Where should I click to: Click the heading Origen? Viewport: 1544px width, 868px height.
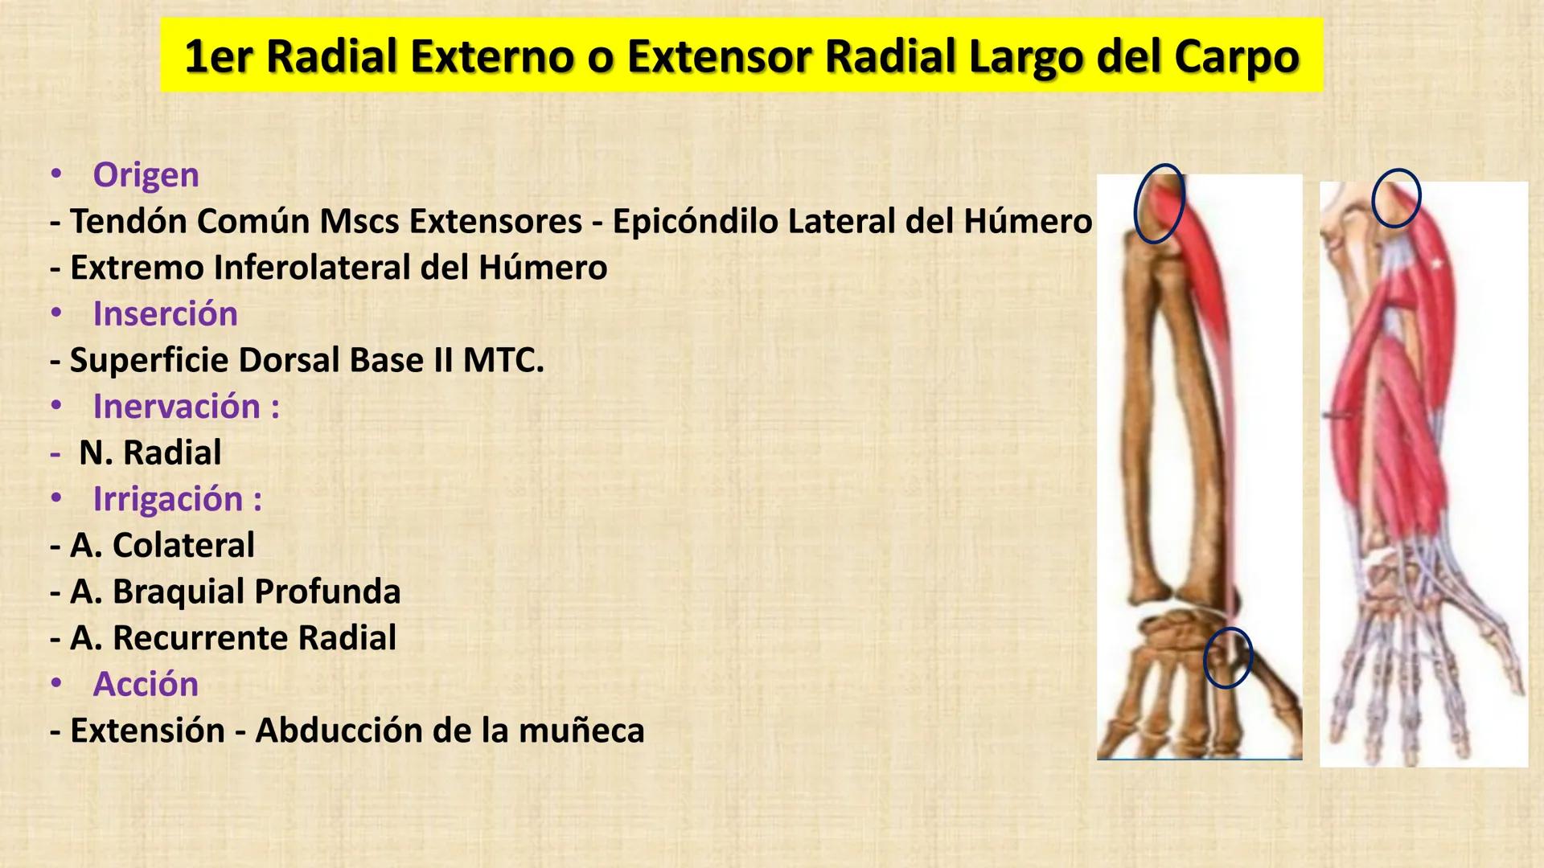point(146,174)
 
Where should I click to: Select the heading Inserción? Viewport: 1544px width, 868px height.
point(165,313)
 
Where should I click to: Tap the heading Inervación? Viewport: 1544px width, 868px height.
point(186,406)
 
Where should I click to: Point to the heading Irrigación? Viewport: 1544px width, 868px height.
point(177,498)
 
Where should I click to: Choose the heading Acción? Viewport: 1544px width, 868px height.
point(146,684)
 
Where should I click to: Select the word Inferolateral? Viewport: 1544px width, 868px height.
point(312,268)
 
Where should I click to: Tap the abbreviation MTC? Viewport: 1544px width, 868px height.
point(503,360)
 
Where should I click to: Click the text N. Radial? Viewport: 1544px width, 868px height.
point(150,452)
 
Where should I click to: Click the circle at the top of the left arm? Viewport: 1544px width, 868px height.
point(1159,203)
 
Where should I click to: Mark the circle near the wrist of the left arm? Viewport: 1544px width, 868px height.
point(1228,657)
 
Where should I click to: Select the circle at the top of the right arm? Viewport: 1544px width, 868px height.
point(1396,198)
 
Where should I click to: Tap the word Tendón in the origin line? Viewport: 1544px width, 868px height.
point(129,221)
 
